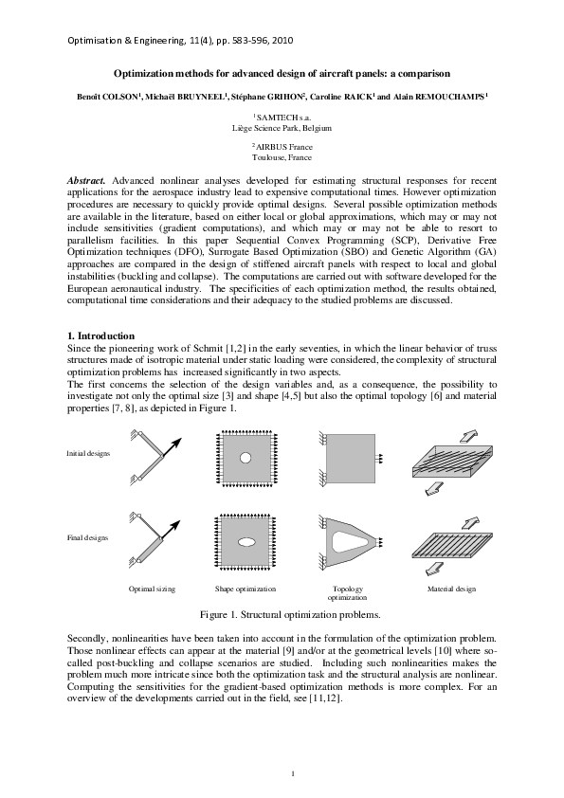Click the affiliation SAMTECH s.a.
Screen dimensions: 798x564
pos(282,116)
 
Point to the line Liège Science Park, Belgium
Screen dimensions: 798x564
pos(282,125)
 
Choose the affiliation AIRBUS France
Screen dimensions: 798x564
pos(282,147)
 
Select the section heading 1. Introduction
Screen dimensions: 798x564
pos(100,336)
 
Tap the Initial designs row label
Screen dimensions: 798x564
pos(88,453)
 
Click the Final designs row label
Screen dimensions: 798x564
pos(87,537)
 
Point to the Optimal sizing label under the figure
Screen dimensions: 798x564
pos(153,589)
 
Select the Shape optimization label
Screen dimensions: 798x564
pos(245,589)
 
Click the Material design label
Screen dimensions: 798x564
pos(451,589)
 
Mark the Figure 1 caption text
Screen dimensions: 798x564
pos(282,614)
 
